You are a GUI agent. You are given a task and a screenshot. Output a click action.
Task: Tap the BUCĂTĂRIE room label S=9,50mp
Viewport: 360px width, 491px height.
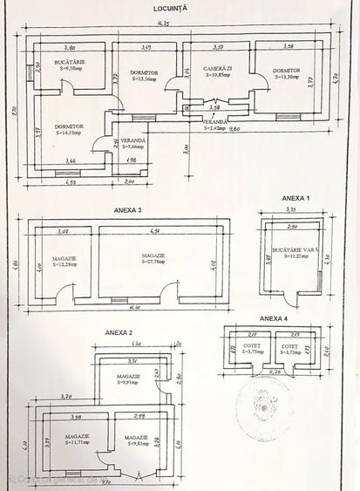pyautogui.click(x=66, y=66)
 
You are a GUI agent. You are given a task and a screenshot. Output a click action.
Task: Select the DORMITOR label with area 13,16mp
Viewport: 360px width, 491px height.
pyautogui.click(x=146, y=76)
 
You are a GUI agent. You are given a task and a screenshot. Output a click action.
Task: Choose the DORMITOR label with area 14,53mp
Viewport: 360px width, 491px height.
pyautogui.click(x=71, y=131)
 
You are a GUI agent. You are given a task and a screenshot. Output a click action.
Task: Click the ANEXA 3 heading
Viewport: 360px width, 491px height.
pyautogui.click(x=128, y=210)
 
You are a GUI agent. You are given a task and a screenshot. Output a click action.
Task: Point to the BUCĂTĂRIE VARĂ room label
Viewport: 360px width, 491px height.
pyautogui.click(x=291, y=254)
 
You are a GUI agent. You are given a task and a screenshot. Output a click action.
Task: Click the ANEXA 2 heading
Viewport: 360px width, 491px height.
pyautogui.click(x=119, y=333)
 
